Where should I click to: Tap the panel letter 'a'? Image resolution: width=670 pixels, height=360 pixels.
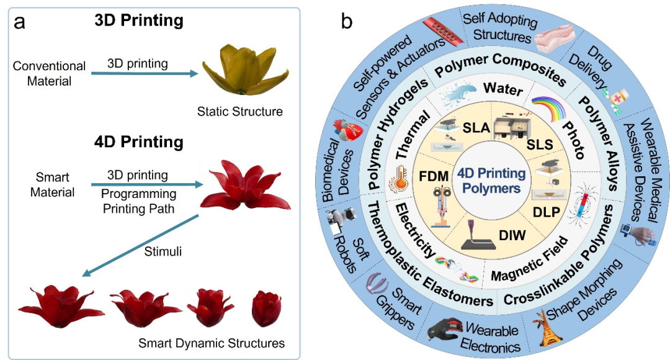(x=20, y=22)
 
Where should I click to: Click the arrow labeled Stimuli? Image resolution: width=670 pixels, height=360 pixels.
(x=143, y=245)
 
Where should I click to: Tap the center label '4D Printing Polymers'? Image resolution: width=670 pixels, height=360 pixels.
(x=491, y=181)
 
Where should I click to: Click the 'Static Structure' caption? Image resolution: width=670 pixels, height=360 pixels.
(x=239, y=112)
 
